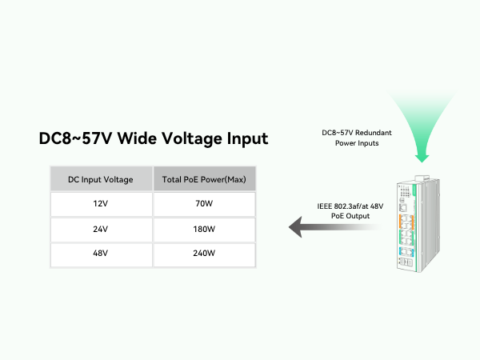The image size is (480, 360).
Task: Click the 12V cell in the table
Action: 101,204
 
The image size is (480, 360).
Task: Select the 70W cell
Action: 204,204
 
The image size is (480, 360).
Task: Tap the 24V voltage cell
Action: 101,230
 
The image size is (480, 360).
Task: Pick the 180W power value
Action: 204,230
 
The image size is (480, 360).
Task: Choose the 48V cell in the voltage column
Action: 101,255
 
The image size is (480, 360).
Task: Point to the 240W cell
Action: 204,255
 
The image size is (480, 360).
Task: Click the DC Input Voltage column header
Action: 101,178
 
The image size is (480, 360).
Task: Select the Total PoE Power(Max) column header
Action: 204,178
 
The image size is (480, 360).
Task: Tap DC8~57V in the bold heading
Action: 75,138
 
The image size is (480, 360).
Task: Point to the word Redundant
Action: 374,133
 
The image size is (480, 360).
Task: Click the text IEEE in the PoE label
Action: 325,206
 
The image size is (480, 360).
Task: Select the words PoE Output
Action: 350,216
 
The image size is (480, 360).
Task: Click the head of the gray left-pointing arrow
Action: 295,227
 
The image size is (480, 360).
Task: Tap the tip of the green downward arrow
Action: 422,162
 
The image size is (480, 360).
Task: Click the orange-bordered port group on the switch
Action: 406,222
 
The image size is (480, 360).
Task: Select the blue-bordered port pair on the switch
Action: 406,252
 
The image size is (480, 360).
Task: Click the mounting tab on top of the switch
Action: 422,178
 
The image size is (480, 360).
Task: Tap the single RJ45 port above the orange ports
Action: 403,208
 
